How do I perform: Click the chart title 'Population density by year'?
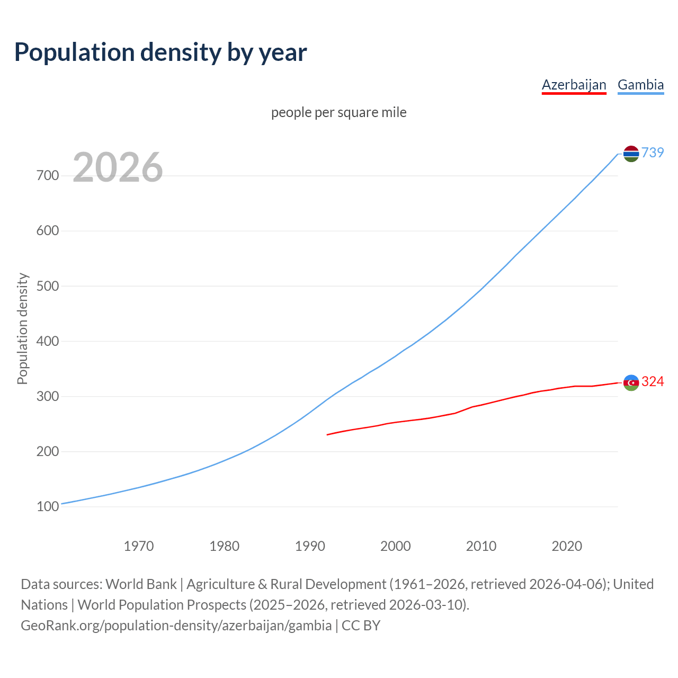coord(160,52)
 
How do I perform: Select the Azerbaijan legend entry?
coord(574,85)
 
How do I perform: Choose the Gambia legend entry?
coord(640,85)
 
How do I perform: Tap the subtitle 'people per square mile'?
coord(338,112)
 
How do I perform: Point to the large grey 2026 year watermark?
coord(118,167)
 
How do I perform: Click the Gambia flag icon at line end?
coord(631,154)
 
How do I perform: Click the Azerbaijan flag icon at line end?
coord(631,382)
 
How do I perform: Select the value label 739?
coord(653,153)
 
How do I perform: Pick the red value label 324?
coord(653,381)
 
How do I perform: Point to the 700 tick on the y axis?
coord(48,175)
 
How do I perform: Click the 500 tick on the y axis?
coord(48,286)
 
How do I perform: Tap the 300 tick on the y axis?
coord(48,396)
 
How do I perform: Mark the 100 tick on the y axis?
coord(48,507)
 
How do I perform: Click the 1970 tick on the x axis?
coord(139,546)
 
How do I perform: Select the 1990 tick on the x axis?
coord(310,546)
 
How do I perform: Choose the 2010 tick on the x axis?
coord(481,546)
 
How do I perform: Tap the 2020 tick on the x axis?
coord(567,546)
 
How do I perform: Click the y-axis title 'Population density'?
coord(22,328)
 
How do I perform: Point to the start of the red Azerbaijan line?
coord(328,434)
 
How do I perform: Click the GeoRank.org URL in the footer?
coord(176,625)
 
